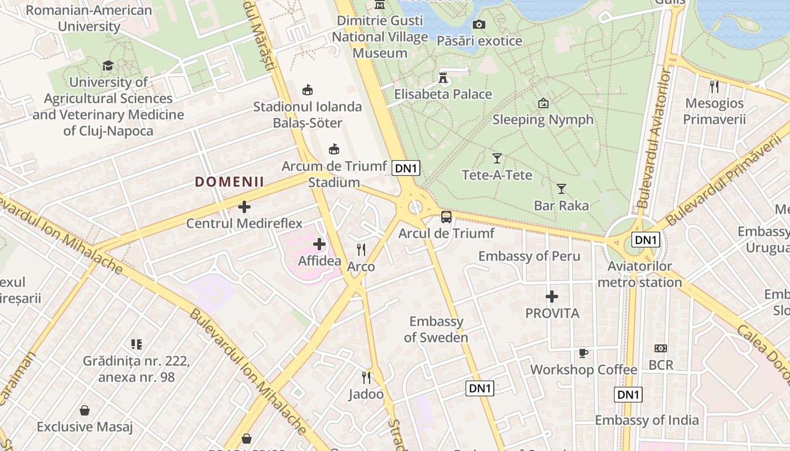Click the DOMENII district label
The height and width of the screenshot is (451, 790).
click(230, 182)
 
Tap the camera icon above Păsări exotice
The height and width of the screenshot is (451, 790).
click(479, 24)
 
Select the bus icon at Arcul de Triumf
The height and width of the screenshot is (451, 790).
click(446, 217)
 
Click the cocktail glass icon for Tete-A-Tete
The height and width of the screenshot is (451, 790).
click(497, 158)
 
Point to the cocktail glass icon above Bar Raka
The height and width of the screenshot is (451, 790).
click(561, 189)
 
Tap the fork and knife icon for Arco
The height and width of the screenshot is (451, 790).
click(361, 249)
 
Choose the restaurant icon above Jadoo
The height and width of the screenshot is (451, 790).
click(366, 377)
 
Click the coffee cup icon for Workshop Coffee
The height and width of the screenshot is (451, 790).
click(583, 353)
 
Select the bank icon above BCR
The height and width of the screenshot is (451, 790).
click(661, 348)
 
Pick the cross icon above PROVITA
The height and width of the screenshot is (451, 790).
click(552, 296)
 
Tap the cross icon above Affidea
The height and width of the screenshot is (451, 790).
click(319, 244)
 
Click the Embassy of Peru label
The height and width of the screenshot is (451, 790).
click(529, 257)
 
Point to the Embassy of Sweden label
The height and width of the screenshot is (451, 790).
click(436, 329)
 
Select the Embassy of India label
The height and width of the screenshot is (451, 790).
click(647, 420)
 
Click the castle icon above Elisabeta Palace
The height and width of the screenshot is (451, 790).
click(444, 78)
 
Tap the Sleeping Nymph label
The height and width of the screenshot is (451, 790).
click(543, 120)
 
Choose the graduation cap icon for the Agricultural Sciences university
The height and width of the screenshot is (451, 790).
click(108, 66)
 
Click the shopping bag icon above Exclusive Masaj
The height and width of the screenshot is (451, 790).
click(85, 410)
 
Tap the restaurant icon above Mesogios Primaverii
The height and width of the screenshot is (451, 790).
click(714, 86)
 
